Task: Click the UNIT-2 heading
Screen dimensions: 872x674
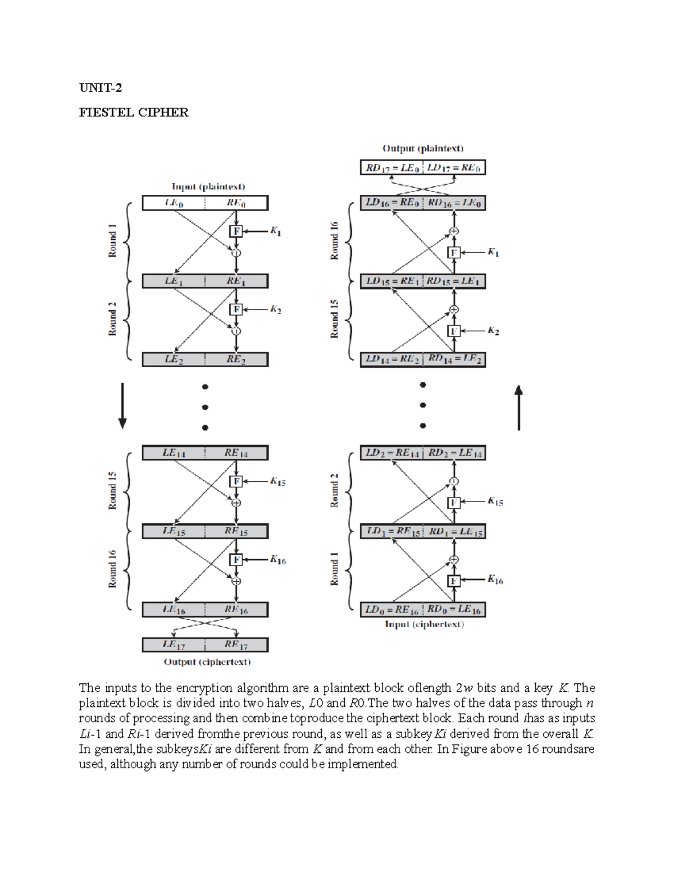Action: click(101, 88)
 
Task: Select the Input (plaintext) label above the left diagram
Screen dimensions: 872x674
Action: click(208, 186)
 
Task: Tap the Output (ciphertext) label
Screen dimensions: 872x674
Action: click(207, 662)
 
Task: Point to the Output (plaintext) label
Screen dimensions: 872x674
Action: click(423, 149)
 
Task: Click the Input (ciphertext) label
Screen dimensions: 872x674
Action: click(425, 624)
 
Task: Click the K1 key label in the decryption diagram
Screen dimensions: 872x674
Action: click(493, 253)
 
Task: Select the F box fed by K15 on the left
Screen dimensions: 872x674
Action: click(236, 481)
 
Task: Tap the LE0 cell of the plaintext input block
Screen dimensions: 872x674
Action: click(174, 203)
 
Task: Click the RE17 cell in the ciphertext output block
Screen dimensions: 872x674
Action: click(236, 645)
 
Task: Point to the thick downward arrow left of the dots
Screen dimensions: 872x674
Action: click(122, 406)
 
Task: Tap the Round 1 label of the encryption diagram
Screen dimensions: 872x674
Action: click(113, 241)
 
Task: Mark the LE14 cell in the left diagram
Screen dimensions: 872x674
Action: click(174, 453)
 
